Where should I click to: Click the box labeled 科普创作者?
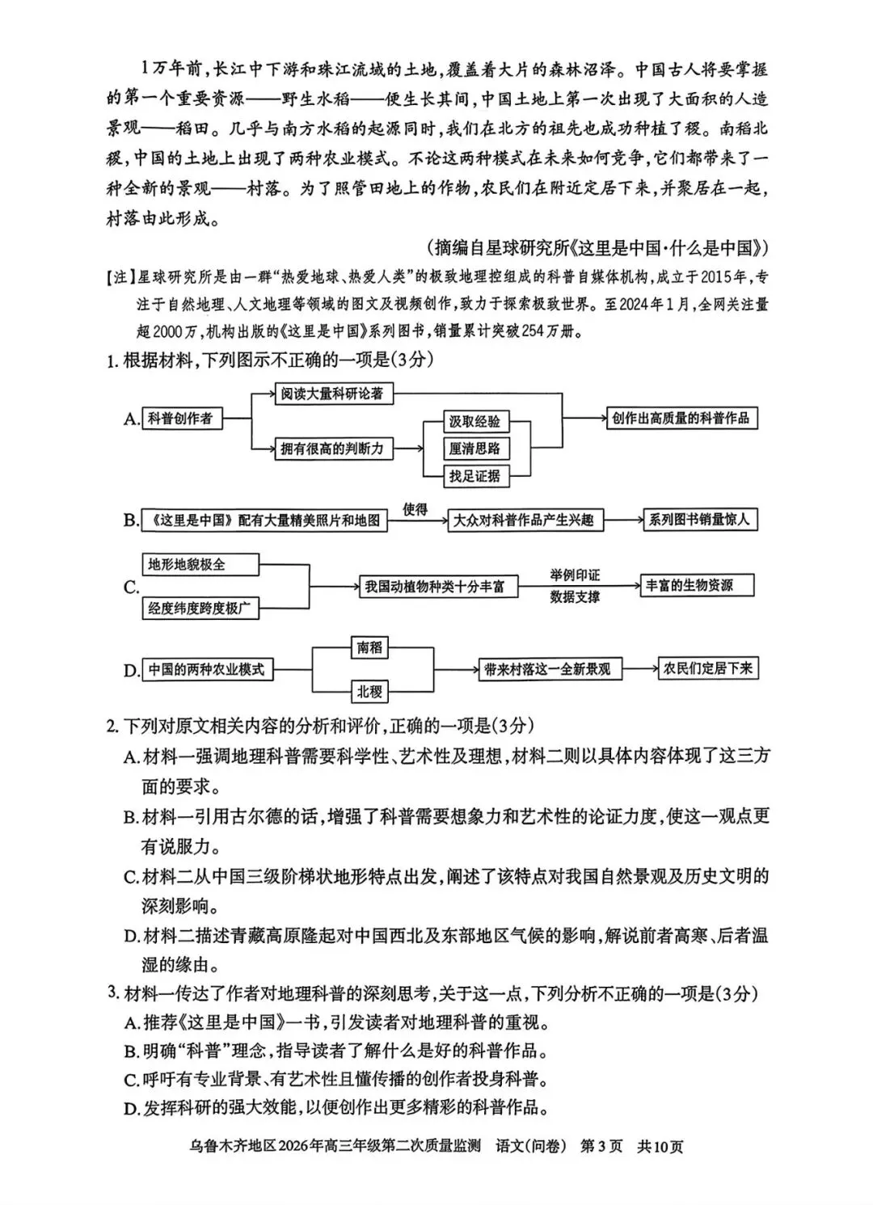181,419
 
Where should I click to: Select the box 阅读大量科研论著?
332,394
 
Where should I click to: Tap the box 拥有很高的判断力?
332,449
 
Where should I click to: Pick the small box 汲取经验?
475,421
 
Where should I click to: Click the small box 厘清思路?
475,449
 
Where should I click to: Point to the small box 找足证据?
475,476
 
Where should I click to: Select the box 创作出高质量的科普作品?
681,419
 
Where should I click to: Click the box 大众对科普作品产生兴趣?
525,520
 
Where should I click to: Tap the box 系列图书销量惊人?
699,520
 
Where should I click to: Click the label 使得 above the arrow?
415,509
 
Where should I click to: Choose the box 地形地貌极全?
200,564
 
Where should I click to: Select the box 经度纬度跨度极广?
200,609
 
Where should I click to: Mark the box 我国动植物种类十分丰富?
434,587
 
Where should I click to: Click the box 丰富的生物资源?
696,586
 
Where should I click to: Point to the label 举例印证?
576,575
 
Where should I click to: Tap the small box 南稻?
370,647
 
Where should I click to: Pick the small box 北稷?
370,691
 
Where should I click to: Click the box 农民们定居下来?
708,668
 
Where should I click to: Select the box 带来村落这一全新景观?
547,669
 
